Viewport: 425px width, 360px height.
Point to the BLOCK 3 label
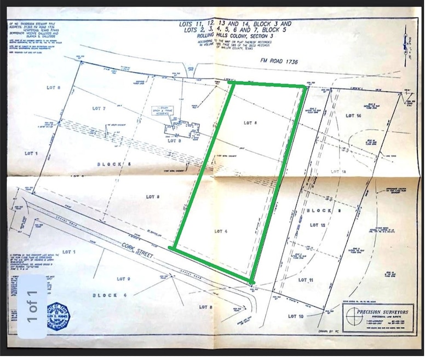point(323,211)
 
